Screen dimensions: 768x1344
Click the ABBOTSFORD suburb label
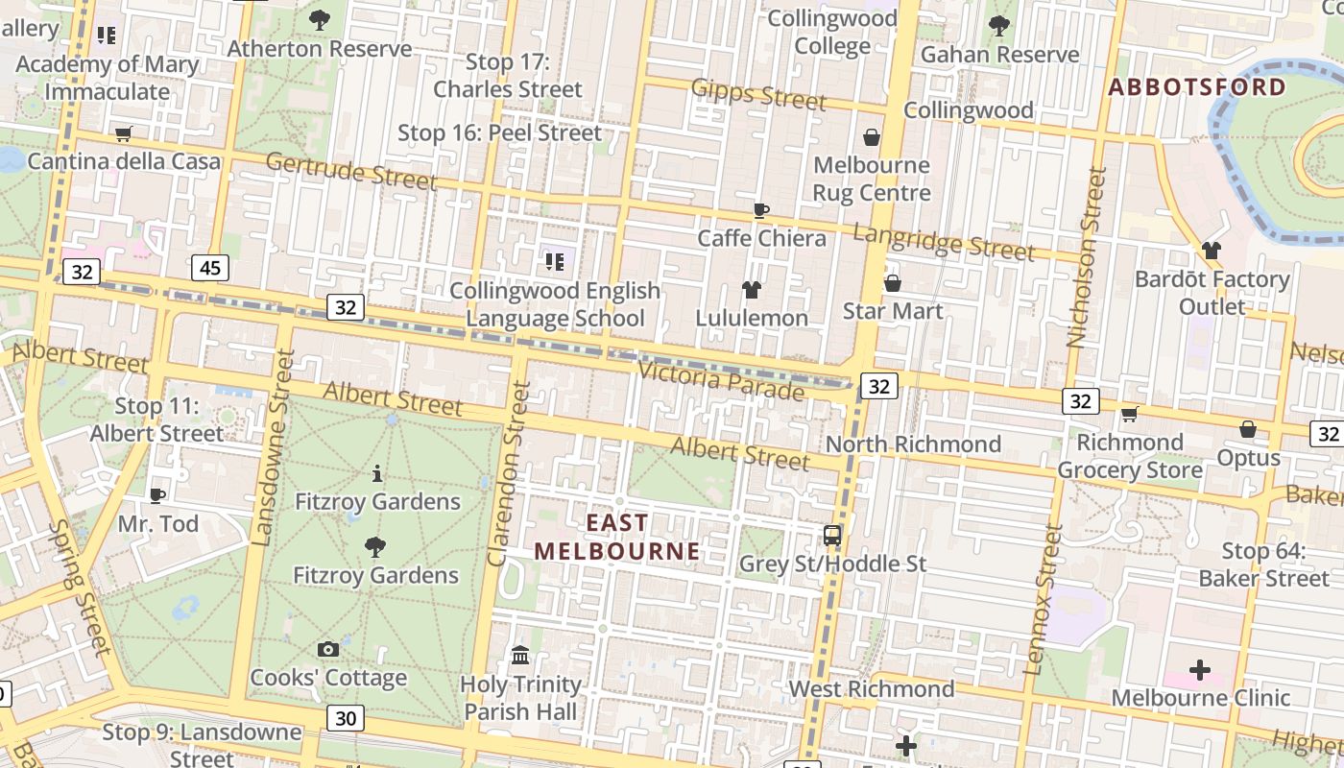[x=1197, y=87]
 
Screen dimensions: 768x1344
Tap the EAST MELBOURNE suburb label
[x=617, y=537]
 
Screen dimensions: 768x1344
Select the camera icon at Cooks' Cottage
[x=328, y=649]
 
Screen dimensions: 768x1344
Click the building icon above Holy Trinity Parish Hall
[x=520, y=655]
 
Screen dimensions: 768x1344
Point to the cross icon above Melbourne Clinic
[x=1199, y=669]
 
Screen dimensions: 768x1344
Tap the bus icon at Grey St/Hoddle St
[x=832, y=536]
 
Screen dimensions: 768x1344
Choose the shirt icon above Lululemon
[x=752, y=289]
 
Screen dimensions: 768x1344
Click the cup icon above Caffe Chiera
[x=761, y=210]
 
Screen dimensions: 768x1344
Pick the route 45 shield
[x=209, y=267]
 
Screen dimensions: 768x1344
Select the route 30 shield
[x=346, y=717]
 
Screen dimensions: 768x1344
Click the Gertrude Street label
[x=351, y=170]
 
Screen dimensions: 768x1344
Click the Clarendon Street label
[x=509, y=473]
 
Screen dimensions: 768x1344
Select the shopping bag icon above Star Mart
[x=892, y=283]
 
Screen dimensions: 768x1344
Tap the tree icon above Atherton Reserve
[x=320, y=19]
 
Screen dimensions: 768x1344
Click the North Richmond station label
[x=913, y=444]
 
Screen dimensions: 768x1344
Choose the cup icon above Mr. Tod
[x=157, y=495]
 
